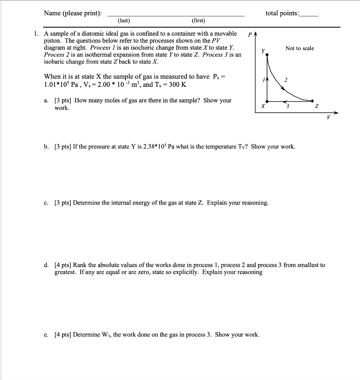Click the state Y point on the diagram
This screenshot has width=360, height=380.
pos(267,55)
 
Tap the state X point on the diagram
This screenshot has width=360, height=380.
pos(267,101)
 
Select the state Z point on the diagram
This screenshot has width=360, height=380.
pos(312,101)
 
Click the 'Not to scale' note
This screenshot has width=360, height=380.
pos(299,48)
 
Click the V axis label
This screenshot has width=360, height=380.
pos(328,118)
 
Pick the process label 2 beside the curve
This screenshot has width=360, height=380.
pos(286,80)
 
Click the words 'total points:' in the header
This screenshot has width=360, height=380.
pos(282,13)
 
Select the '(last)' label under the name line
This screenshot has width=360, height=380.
pos(124,21)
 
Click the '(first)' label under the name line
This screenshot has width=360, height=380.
pos(198,21)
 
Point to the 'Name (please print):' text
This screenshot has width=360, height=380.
pos(72,13)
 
